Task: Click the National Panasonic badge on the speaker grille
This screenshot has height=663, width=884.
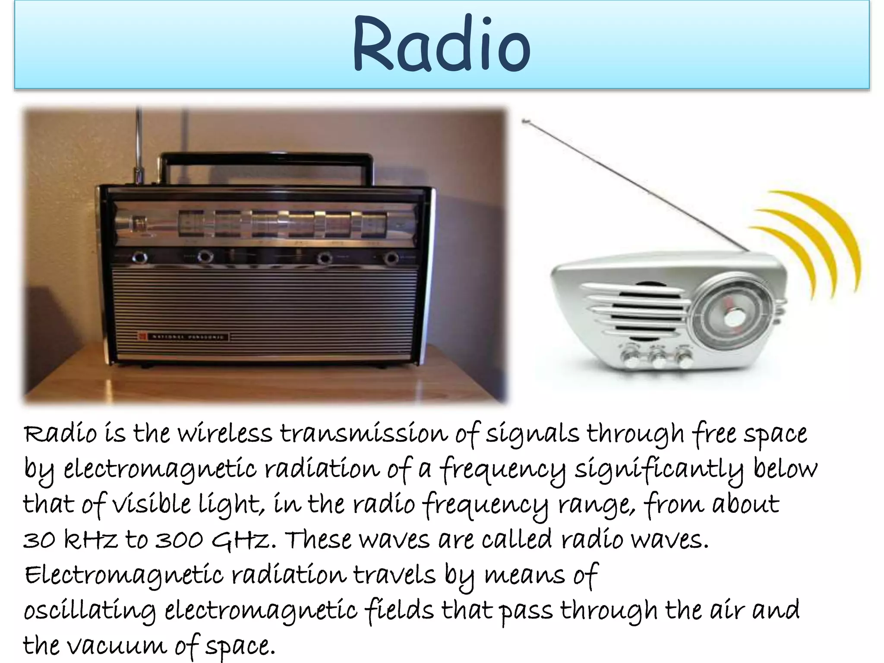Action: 183,336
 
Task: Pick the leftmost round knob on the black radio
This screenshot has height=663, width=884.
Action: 139,258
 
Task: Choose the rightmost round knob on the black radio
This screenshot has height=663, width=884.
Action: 391,258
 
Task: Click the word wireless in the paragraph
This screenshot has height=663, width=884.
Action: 224,434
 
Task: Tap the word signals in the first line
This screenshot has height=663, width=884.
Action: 532,434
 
